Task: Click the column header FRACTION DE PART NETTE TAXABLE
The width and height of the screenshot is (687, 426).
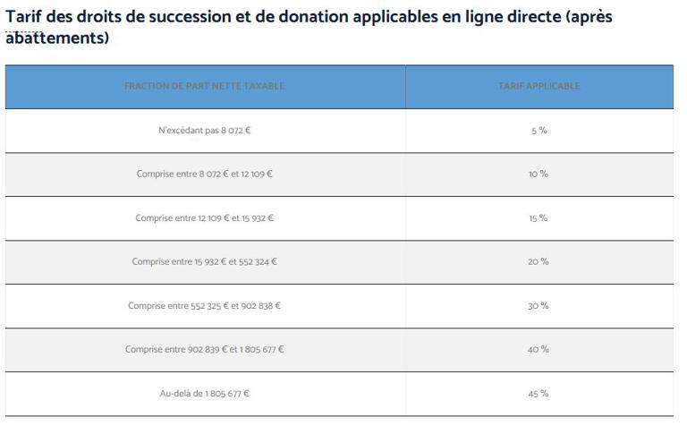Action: click(x=204, y=87)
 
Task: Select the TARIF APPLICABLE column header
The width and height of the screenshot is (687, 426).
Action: click(x=539, y=87)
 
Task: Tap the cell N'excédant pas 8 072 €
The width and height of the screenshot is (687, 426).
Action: click(x=204, y=131)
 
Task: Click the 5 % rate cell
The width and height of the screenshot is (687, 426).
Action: click(x=539, y=131)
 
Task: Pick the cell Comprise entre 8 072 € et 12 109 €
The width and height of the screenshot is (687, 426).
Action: click(x=204, y=175)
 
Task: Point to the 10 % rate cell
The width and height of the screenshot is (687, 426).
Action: click(x=539, y=175)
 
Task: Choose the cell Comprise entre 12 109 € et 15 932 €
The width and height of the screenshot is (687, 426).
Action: click(x=204, y=218)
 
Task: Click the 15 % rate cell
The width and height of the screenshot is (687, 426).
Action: click(x=539, y=218)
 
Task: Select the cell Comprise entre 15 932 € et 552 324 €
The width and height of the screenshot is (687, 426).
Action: click(x=204, y=262)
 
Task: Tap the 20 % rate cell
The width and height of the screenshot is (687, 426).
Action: click(x=539, y=262)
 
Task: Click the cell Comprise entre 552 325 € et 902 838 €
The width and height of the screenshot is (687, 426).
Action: click(x=204, y=306)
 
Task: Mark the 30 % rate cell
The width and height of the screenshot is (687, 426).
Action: click(x=539, y=306)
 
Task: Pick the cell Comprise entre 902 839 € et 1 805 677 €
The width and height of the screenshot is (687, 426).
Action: click(x=204, y=350)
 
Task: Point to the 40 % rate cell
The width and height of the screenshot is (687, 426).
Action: click(x=539, y=350)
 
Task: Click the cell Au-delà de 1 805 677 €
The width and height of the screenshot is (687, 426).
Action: click(x=204, y=394)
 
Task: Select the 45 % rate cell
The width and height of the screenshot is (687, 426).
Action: click(x=539, y=394)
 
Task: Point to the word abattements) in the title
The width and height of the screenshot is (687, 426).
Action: click(x=57, y=38)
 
